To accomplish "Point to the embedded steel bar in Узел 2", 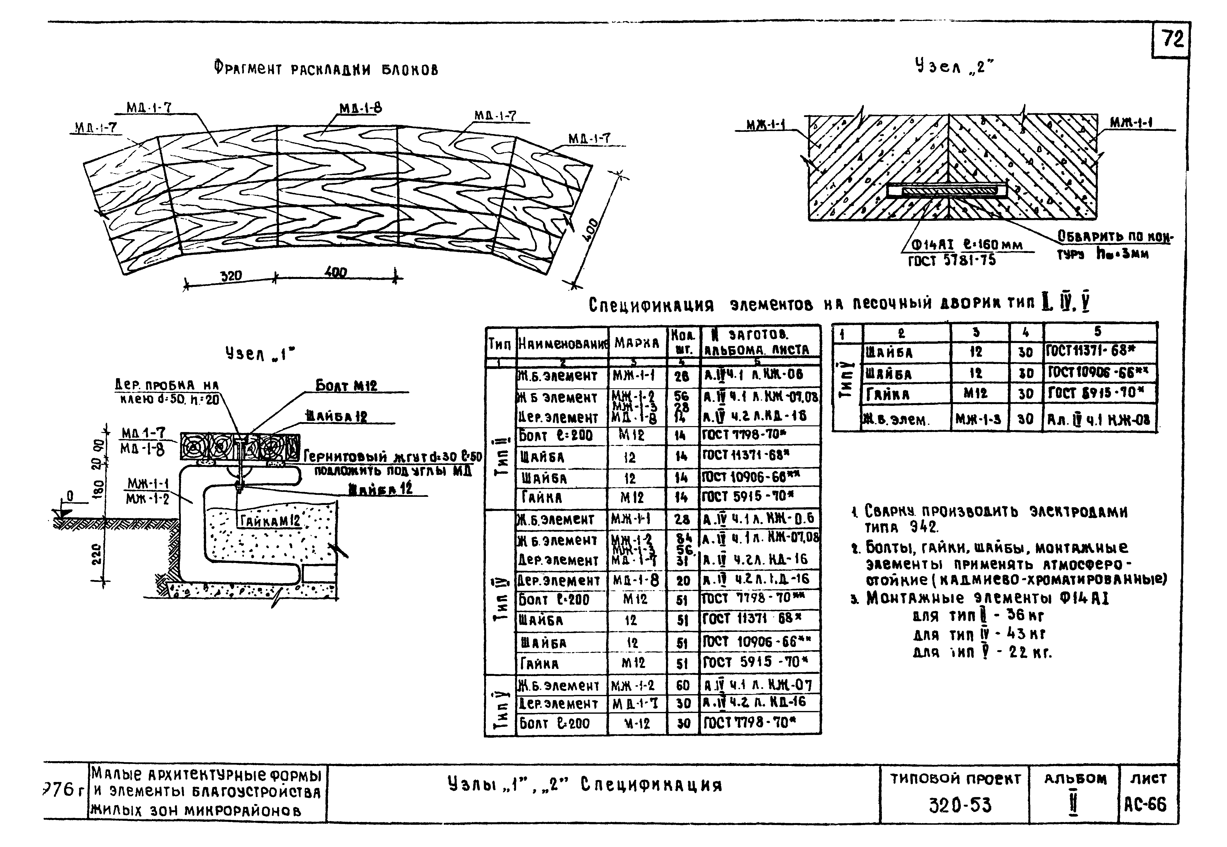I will [947, 190].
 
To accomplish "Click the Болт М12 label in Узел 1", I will [346, 386].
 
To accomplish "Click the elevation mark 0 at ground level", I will [70, 497].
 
